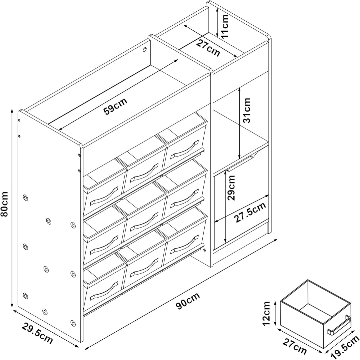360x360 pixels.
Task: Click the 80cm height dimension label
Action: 5,204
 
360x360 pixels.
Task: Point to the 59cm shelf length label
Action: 115,106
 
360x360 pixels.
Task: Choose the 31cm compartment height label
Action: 246,110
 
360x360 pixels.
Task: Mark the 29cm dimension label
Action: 231,188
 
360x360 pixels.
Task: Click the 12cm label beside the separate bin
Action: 266,314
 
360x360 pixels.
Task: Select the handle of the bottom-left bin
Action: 104,291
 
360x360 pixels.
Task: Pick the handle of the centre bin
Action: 144,222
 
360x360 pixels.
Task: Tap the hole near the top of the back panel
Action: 145,50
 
